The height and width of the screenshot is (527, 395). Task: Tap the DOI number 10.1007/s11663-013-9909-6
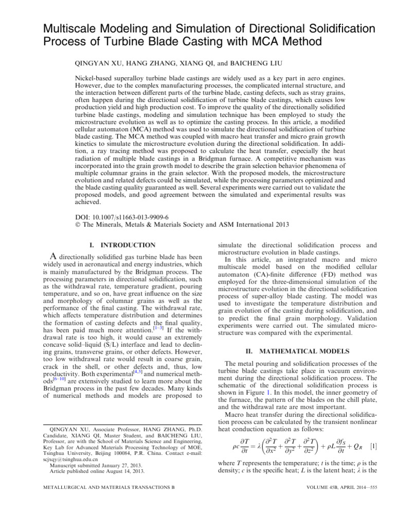[129, 216]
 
